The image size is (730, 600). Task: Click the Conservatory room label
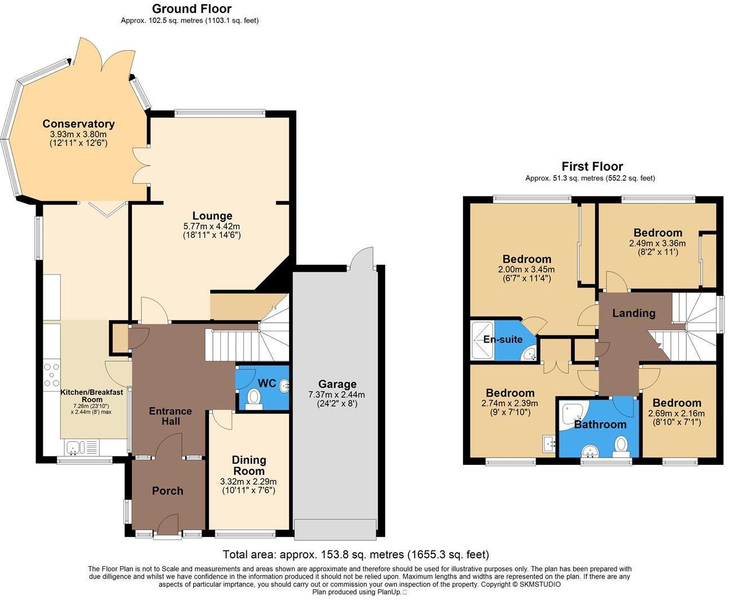point(78,124)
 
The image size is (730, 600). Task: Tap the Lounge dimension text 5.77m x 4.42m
point(212,226)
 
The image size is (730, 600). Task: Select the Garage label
point(337,384)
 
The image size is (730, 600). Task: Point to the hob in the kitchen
point(52,373)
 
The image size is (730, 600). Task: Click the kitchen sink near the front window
point(74,448)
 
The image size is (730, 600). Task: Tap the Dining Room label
point(248,465)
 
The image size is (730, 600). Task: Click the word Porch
point(167,491)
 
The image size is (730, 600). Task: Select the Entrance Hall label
point(170,416)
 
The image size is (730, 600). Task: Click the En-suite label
point(503,339)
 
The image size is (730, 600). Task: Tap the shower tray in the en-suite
point(482,340)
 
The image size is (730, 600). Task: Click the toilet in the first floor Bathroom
point(621,444)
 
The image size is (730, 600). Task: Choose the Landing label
point(634,313)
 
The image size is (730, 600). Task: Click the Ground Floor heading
point(192,8)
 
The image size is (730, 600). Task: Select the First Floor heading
point(592,166)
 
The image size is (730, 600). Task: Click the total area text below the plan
point(356,554)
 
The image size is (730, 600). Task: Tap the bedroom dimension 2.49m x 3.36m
point(657,243)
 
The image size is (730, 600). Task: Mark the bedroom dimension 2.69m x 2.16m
point(676,413)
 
